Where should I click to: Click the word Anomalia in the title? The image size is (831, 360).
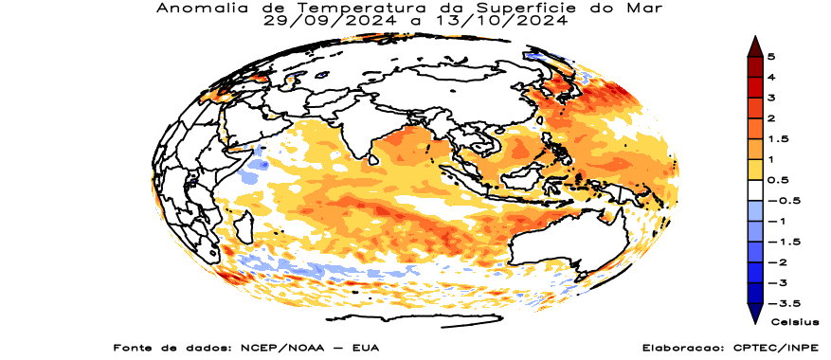[195, 8]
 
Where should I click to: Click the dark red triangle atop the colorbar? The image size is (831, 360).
[755, 45]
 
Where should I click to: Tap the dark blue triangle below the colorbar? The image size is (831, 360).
[755, 314]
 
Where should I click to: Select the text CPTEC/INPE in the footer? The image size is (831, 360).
[768, 348]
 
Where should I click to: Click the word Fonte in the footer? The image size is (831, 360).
[134, 348]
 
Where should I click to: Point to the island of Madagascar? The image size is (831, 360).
[243, 227]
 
